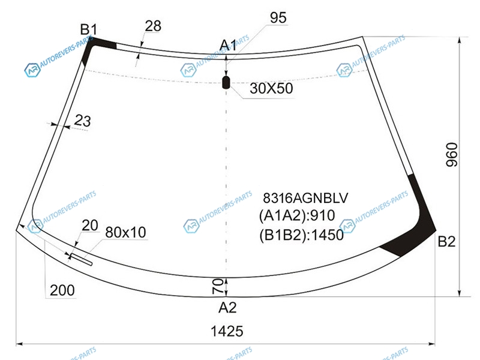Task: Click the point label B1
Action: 88,29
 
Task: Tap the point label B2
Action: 446,242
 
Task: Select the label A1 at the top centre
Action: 228,46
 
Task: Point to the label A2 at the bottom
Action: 227,307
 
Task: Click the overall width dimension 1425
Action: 227,331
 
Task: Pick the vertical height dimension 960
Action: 452,155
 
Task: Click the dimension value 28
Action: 153,26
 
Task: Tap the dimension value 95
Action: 278,18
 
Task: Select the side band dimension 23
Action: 82,121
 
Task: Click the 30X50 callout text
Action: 271,88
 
